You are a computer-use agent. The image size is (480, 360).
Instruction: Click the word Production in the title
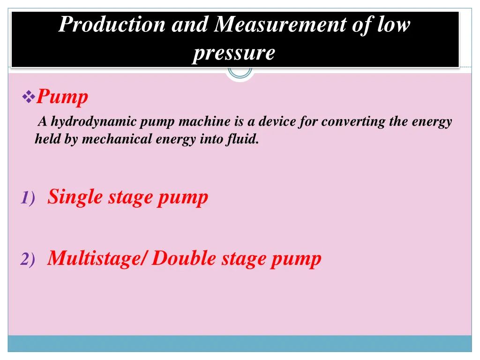click(112, 24)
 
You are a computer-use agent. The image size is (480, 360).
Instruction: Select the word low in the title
click(393, 24)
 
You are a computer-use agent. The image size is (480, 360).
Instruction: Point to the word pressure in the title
click(233, 52)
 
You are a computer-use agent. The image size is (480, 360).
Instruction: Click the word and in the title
click(189, 24)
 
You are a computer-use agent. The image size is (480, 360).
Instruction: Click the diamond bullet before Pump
click(29, 97)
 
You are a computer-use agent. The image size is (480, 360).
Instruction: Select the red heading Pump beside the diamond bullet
click(62, 97)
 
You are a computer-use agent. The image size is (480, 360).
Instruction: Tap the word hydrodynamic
click(93, 122)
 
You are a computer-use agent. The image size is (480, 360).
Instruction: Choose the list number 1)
click(27, 199)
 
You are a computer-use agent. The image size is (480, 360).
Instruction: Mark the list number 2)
click(27, 260)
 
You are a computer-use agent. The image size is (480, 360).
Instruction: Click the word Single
click(75, 197)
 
